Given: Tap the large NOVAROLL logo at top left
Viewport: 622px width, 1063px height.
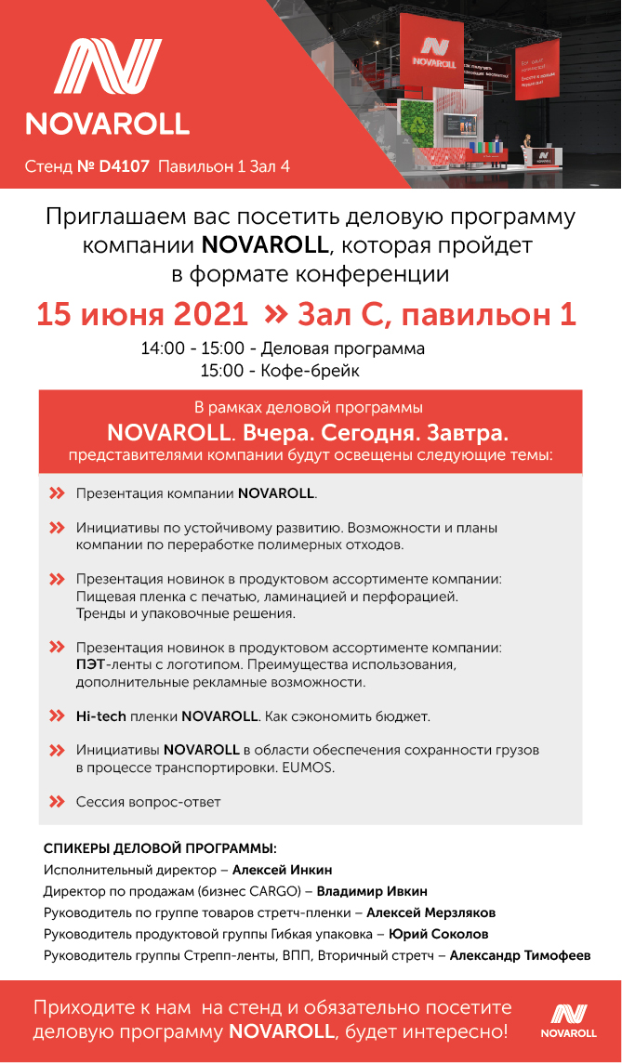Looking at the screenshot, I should click(x=108, y=88).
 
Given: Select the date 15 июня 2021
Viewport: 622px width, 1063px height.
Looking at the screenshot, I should click(x=142, y=314).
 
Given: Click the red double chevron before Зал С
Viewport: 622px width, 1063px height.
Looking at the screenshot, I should click(x=275, y=314).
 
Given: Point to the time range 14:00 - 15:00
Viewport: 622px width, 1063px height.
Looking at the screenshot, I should click(x=192, y=349).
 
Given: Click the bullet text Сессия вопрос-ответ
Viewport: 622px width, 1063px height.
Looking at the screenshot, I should click(x=149, y=801).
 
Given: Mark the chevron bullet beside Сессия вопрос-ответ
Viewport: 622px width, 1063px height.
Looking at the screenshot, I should click(x=57, y=801).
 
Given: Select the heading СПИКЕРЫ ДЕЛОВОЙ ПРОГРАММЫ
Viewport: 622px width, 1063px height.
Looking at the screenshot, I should click(x=161, y=848).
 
